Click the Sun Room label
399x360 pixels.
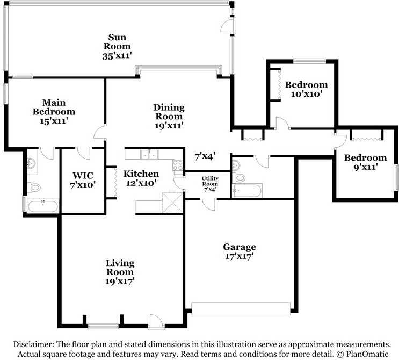click(x=117, y=42)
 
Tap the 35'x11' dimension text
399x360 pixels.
click(x=117, y=56)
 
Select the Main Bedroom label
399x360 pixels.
click(x=54, y=107)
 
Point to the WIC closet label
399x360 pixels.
click(x=83, y=175)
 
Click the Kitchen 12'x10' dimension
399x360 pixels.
click(x=141, y=183)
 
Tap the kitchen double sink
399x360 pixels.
click(x=149, y=154)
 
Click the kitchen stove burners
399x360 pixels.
click(x=178, y=165)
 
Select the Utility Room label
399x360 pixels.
click(x=210, y=181)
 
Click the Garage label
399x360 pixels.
click(x=240, y=247)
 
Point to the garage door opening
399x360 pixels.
click(x=241, y=308)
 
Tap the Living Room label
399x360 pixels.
click(x=120, y=268)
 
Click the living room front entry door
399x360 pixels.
click(x=155, y=322)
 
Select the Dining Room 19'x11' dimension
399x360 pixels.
click(x=169, y=125)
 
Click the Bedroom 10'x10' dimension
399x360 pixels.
click(x=307, y=94)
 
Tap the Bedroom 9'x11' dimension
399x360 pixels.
click(x=365, y=167)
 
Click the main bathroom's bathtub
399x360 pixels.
click(x=43, y=206)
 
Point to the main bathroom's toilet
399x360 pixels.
click(x=34, y=188)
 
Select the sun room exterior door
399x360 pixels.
click(x=228, y=25)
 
